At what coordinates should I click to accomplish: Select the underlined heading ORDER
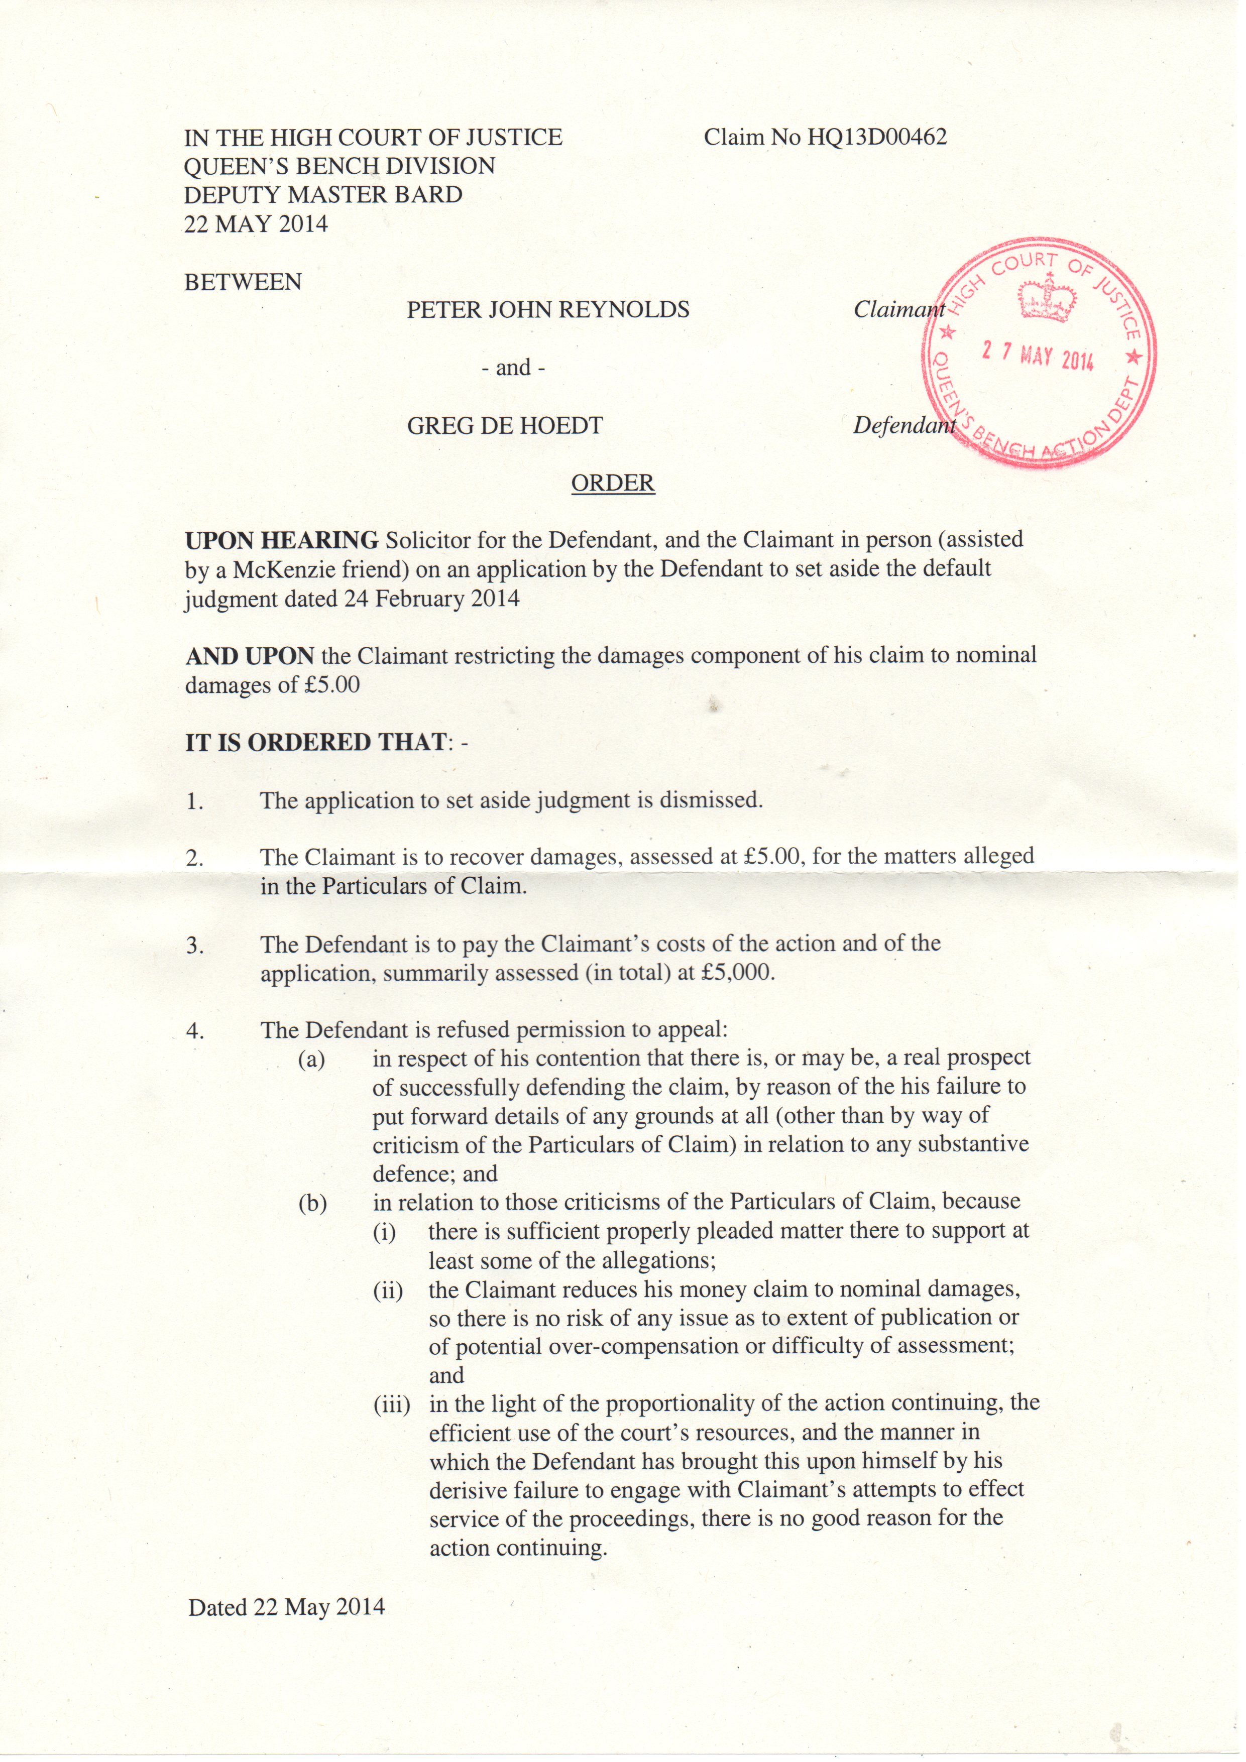(613, 484)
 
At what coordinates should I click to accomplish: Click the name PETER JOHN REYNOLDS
(547, 310)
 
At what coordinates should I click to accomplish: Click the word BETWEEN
(243, 282)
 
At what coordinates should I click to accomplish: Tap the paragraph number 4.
(195, 1031)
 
